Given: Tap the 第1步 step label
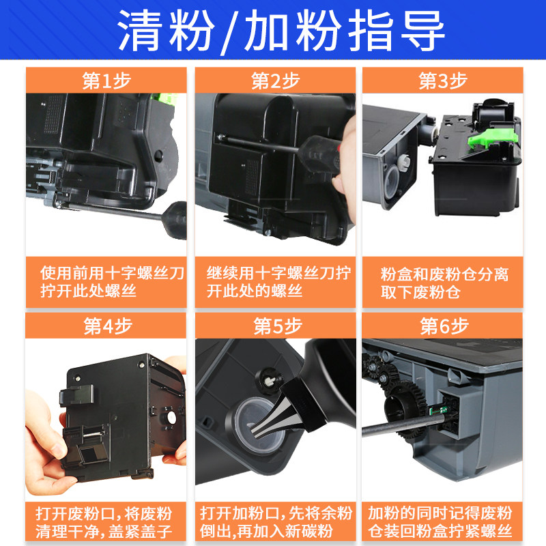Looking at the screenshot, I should [x=105, y=81].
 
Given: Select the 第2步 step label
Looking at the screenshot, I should [x=275, y=81].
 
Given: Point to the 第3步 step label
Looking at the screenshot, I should [x=442, y=81].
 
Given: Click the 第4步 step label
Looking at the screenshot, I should [x=105, y=326].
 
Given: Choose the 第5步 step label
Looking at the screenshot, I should [x=275, y=326].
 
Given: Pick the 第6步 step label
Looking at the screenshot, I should [x=442, y=326].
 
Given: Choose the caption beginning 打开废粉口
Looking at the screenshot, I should [x=105, y=522].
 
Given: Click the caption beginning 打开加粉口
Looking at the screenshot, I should [x=275, y=522].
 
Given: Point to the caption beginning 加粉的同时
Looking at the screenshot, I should [x=442, y=522].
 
